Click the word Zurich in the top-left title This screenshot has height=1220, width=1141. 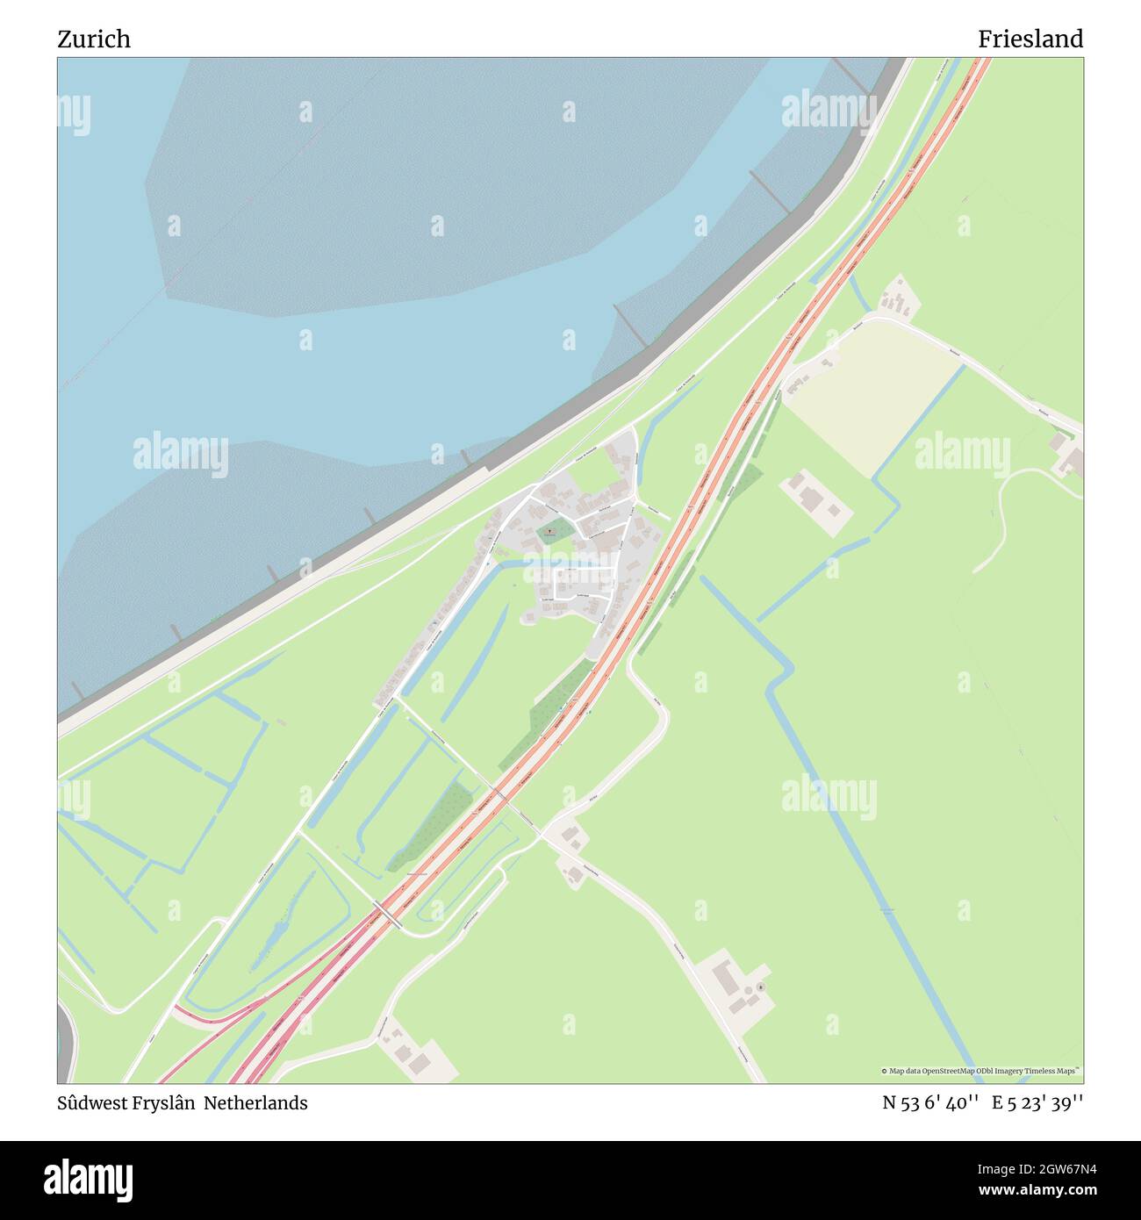point(94,39)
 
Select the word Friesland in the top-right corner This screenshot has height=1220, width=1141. point(1030,39)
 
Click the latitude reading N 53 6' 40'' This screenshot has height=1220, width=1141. point(930,1103)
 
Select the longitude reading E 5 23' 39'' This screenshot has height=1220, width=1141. point(1037,1103)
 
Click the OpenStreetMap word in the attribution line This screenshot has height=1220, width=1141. point(953,1071)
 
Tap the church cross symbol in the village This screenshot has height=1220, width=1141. point(549,530)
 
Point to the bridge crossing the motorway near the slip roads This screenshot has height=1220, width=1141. point(387,914)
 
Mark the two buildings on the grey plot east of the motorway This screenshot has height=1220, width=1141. point(816,498)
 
